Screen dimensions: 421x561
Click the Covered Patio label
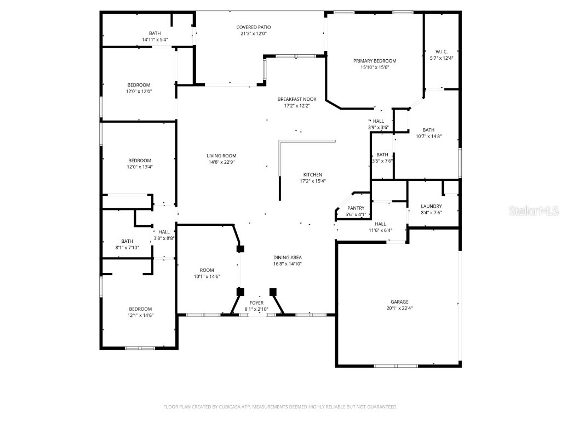pyautogui.click(x=253, y=27)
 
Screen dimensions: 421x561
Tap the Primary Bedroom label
pyautogui.click(x=374, y=61)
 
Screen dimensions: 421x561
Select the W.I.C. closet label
pyautogui.click(x=442, y=52)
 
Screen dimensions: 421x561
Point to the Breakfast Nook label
pyautogui.click(x=296, y=99)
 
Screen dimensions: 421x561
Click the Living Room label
pyautogui.click(x=221, y=156)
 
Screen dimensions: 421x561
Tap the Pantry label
pyautogui.click(x=356, y=208)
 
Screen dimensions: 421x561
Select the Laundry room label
pyautogui.click(x=431, y=207)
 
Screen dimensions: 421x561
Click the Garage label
pyautogui.click(x=399, y=301)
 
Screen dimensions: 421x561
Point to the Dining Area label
pyautogui.click(x=288, y=258)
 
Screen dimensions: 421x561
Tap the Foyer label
pyautogui.click(x=256, y=303)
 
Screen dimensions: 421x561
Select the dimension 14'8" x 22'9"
pyautogui.click(x=221, y=162)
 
